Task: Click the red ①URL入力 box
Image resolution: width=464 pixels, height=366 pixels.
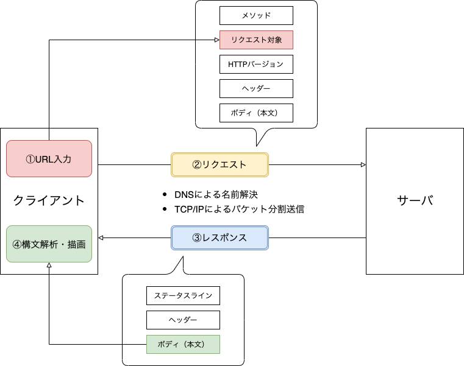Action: tap(49, 159)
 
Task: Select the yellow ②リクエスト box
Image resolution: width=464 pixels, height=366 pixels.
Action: tap(220, 164)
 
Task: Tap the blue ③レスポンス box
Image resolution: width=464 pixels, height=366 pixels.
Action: tap(220, 238)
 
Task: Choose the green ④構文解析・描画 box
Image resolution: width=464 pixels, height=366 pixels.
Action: tap(49, 244)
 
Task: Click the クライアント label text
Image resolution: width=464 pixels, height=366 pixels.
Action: tap(49, 200)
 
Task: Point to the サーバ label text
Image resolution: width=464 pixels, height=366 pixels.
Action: tap(415, 200)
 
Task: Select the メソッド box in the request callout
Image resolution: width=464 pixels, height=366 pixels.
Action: tap(256, 15)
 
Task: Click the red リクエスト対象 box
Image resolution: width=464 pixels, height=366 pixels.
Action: tap(256, 40)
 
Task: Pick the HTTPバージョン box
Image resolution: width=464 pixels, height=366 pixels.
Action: tap(256, 64)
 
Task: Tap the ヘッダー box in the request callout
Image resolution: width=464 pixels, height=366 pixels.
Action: tap(256, 88)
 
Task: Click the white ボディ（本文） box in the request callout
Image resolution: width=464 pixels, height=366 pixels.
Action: tap(256, 113)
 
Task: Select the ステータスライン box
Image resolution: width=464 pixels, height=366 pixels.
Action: tap(183, 295)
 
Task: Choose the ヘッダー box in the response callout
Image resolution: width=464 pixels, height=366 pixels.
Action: tap(183, 320)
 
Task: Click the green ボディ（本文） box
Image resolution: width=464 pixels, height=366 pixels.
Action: tap(183, 344)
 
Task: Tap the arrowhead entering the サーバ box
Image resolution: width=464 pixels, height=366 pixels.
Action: tap(363, 164)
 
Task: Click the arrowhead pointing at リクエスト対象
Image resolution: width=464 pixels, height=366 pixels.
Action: tap(216, 40)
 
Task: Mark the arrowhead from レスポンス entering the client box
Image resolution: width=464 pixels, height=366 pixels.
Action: tap(101, 238)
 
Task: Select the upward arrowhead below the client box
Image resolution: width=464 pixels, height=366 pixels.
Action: tap(49, 266)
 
